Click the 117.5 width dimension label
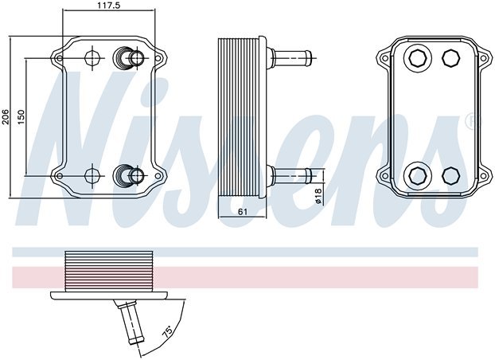click(x=103, y=6)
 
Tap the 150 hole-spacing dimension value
click(x=21, y=115)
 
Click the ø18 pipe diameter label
click(x=318, y=196)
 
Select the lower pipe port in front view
click(x=130, y=174)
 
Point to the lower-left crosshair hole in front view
click(x=92, y=174)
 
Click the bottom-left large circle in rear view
click(x=416, y=175)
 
